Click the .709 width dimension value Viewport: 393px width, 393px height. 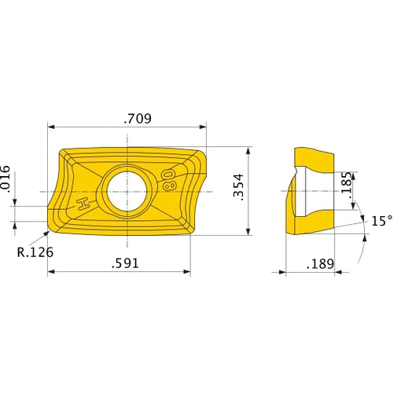click(x=138, y=119)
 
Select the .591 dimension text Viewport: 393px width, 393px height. click(x=126, y=263)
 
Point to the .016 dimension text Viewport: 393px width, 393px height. click(x=6, y=179)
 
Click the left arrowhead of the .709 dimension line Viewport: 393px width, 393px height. click(x=51, y=127)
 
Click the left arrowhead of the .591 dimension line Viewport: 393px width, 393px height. click(x=51, y=272)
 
